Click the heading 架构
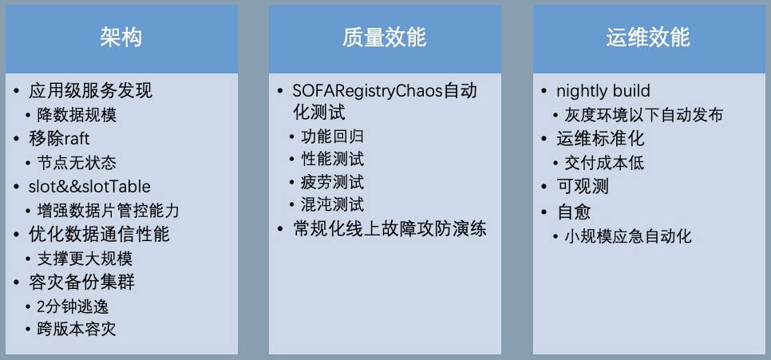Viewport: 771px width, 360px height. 121,38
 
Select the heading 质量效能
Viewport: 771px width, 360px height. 385,38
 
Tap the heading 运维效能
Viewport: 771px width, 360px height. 647,38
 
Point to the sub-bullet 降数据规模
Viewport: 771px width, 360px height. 76,115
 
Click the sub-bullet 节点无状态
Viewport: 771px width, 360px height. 76,163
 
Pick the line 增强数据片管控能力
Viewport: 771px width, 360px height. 109,211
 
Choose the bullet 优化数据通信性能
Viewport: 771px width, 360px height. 99,235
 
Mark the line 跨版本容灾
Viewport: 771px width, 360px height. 76,330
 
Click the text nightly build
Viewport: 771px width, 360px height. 603,91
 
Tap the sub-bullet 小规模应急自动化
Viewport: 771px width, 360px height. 627,236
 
